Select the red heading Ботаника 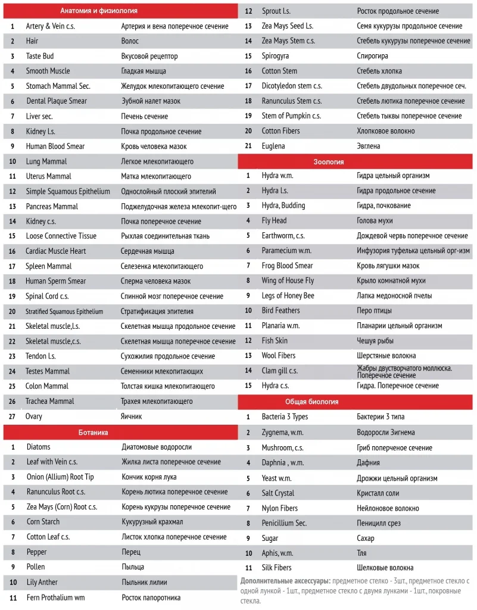[93, 432]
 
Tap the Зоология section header [329, 161]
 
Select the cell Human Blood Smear [55, 146]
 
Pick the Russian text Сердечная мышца [148, 251]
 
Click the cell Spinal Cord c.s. [47, 296]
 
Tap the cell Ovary [34, 416]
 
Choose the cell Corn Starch [43, 522]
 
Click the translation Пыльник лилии [144, 582]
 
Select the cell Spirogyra [275, 56]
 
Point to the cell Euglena [273, 146]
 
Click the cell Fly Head [274, 220]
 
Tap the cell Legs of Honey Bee [288, 295]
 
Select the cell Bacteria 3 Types [285, 416]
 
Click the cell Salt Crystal [278, 493]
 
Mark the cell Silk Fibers [278, 568]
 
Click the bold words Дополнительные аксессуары [285, 580]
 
